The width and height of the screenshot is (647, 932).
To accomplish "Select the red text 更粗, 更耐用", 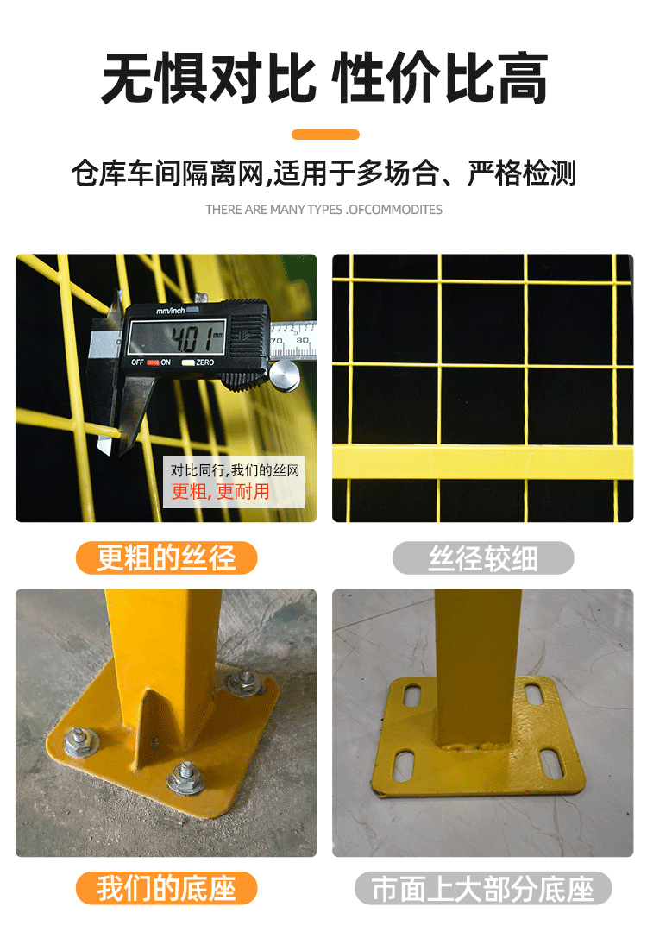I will (221, 492).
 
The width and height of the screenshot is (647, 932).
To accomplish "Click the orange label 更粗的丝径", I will (166, 558).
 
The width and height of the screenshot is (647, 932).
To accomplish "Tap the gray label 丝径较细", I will (483, 558).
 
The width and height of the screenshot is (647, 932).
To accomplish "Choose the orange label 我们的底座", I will (166, 888).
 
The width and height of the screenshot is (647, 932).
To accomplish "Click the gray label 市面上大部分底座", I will (483, 888).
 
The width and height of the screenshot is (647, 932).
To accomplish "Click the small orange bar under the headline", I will (325, 135).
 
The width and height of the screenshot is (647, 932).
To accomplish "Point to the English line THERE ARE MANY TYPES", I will (323, 210).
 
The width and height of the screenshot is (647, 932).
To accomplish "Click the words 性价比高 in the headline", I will (440, 80).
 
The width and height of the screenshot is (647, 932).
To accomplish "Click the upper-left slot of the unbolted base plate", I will (412, 692).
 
